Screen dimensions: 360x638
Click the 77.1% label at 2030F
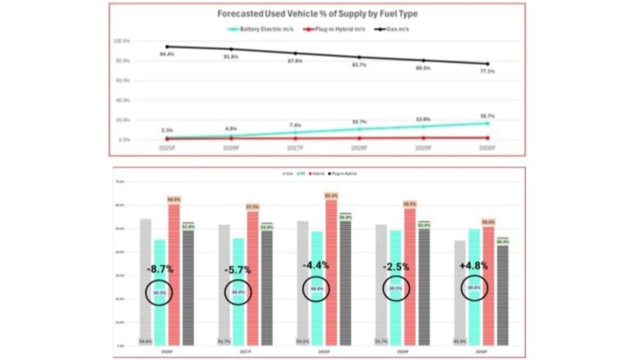pyautogui.click(x=489, y=72)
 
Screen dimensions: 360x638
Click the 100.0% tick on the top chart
pyautogui.click(x=122, y=41)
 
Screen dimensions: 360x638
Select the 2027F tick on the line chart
pyautogui.click(x=296, y=148)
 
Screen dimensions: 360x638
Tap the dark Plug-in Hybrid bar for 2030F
pyautogui.click(x=502, y=295)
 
